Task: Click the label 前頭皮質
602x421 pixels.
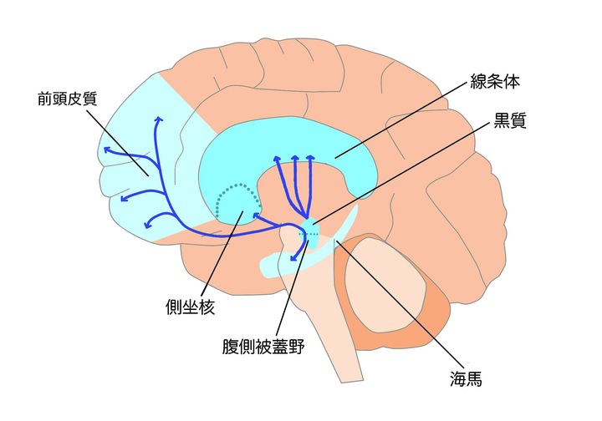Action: click(68, 98)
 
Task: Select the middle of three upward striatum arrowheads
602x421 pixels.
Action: click(294, 157)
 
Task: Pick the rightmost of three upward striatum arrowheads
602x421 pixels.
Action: click(310, 157)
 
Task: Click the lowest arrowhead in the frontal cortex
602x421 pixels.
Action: click(149, 223)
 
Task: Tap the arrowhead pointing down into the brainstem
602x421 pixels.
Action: click(293, 259)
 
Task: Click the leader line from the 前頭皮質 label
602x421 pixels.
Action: click(121, 142)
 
